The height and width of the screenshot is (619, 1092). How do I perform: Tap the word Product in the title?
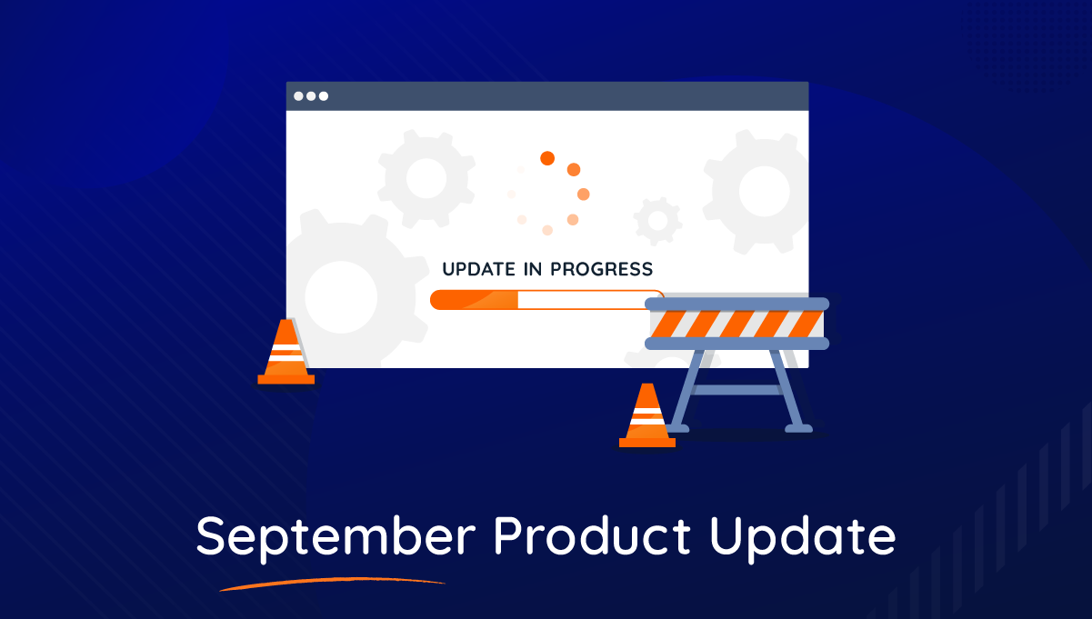(592, 534)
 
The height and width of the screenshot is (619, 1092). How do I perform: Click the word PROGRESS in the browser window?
(602, 269)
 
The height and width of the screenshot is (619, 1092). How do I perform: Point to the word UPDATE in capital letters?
(479, 269)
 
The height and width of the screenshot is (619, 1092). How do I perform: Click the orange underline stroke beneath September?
(333, 584)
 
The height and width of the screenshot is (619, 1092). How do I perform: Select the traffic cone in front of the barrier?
(647, 415)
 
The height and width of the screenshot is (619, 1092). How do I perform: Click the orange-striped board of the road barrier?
(737, 324)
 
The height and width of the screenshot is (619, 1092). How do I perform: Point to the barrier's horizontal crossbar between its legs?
(737, 389)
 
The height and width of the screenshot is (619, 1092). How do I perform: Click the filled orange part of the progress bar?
(474, 300)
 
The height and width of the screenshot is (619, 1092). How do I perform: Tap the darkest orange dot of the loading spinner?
(547, 158)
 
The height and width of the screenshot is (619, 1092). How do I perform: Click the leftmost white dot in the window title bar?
(298, 96)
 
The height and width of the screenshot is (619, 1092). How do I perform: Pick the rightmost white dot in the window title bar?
(324, 96)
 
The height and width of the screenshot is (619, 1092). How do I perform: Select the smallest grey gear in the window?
(657, 221)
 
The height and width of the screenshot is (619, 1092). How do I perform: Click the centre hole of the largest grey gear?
(341, 297)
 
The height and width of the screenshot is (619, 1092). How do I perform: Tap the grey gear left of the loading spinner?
(426, 178)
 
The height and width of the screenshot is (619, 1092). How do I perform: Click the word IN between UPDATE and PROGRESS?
(533, 269)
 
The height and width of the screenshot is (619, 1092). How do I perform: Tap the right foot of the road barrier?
(798, 429)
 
